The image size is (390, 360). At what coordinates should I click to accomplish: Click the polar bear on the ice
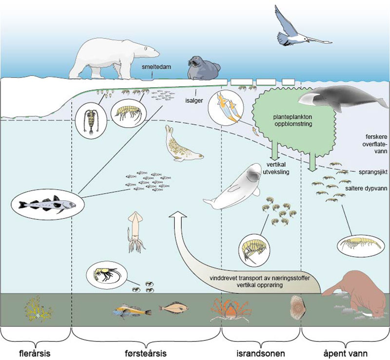(x=115, y=58)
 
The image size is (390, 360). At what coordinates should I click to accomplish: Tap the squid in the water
(x=136, y=231)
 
